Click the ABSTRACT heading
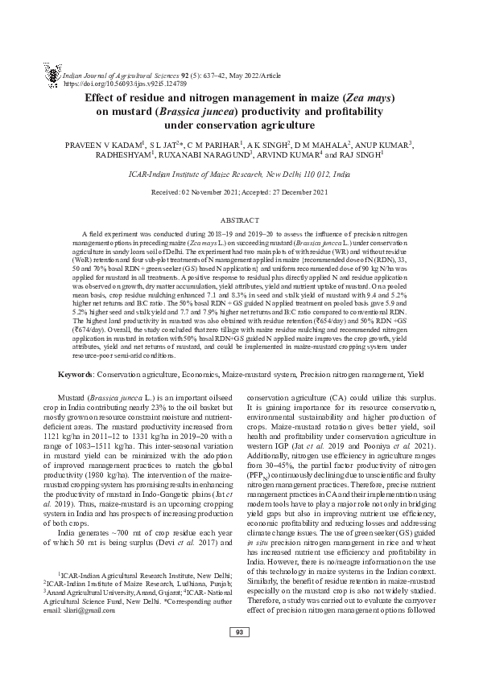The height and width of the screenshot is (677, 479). coord(239,220)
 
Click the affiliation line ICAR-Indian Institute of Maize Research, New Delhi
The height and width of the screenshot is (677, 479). coord(239,174)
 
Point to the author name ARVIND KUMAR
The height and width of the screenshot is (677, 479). coord(289,157)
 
